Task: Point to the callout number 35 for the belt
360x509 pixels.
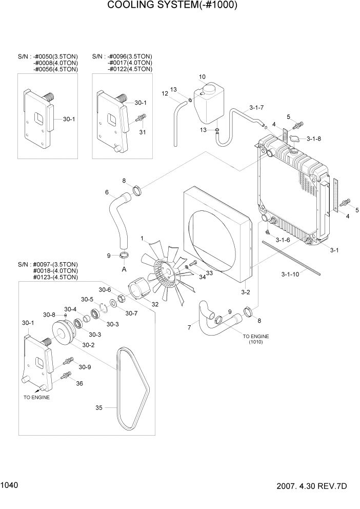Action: [99, 408]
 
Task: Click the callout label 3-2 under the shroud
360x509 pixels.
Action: [245, 292]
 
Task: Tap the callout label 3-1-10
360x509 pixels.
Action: [291, 275]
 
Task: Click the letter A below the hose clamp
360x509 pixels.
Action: [123, 268]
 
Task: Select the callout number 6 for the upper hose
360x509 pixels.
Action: [107, 192]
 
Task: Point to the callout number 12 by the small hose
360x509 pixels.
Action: [165, 93]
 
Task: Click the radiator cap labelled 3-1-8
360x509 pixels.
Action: [295, 138]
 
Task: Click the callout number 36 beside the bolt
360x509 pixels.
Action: [79, 383]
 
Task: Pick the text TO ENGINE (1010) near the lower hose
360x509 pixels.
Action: [255, 339]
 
